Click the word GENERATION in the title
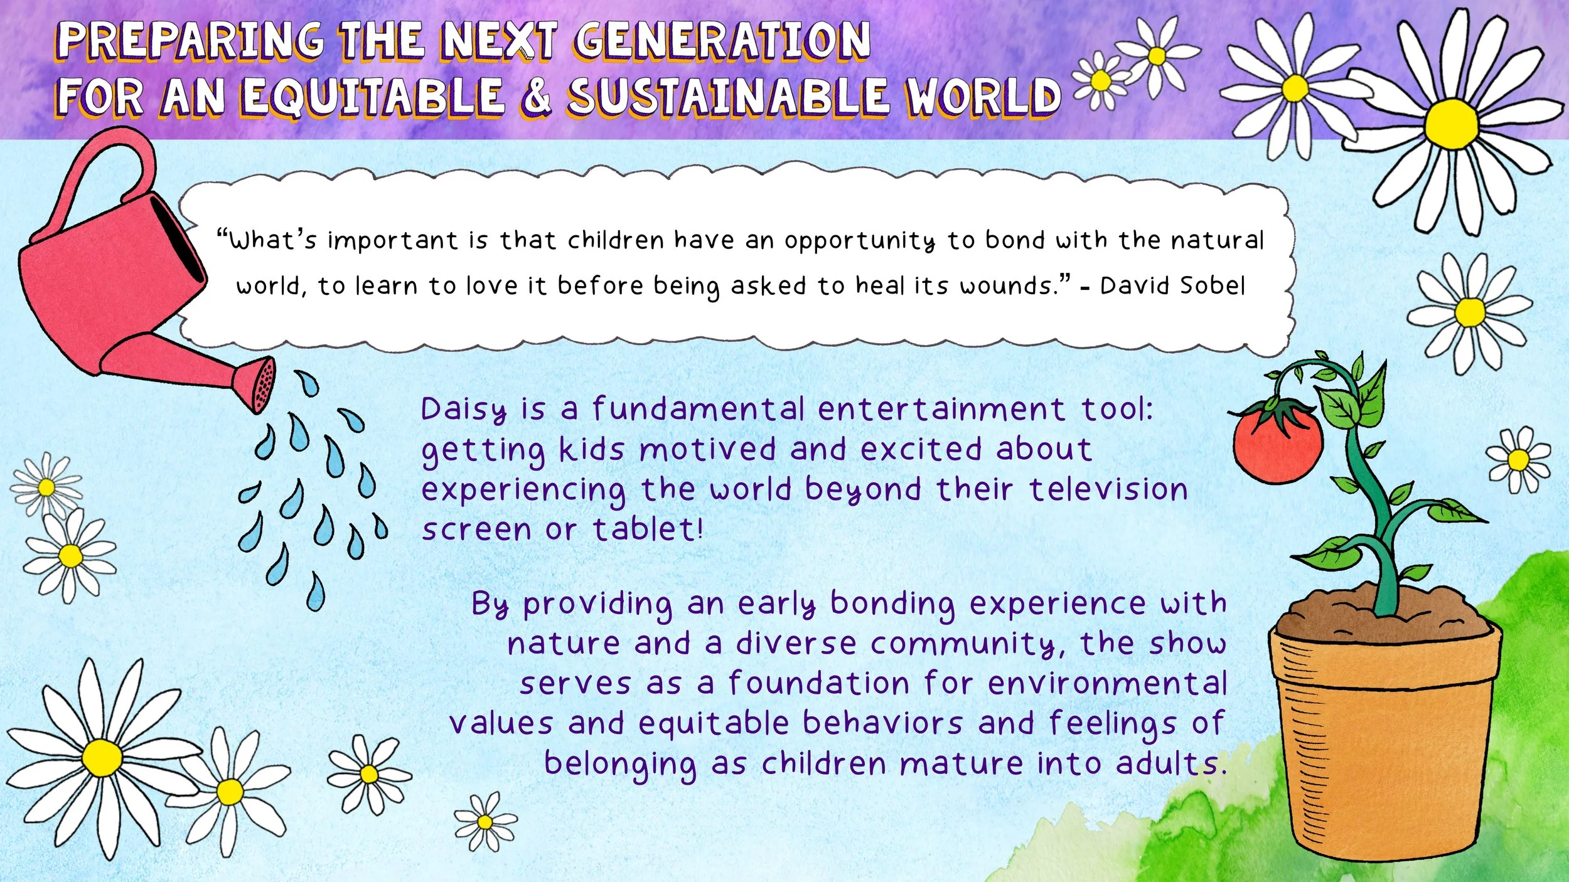722,40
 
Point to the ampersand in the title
535,98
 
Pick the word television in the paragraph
1108,489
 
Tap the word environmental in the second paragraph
1107,684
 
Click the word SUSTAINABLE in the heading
728,98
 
